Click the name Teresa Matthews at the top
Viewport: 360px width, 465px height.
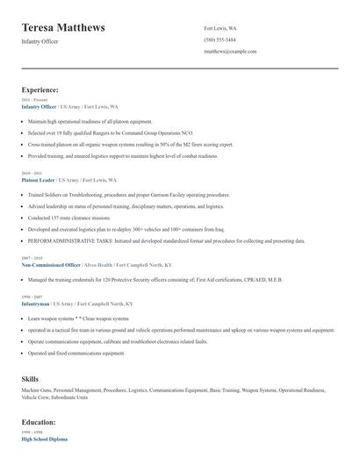[63, 28]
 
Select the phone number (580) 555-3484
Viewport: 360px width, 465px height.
[220, 40]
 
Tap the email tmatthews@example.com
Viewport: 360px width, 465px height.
[229, 52]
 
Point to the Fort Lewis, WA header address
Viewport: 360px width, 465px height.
[220, 29]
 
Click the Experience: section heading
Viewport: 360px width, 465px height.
[40, 89]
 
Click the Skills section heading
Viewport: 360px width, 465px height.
[30, 378]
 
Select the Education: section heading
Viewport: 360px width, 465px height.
[40, 422]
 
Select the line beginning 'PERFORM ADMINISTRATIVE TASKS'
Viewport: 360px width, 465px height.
[158, 240]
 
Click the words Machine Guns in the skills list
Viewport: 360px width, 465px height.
[38, 389]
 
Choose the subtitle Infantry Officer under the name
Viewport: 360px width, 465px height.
[40, 41]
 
